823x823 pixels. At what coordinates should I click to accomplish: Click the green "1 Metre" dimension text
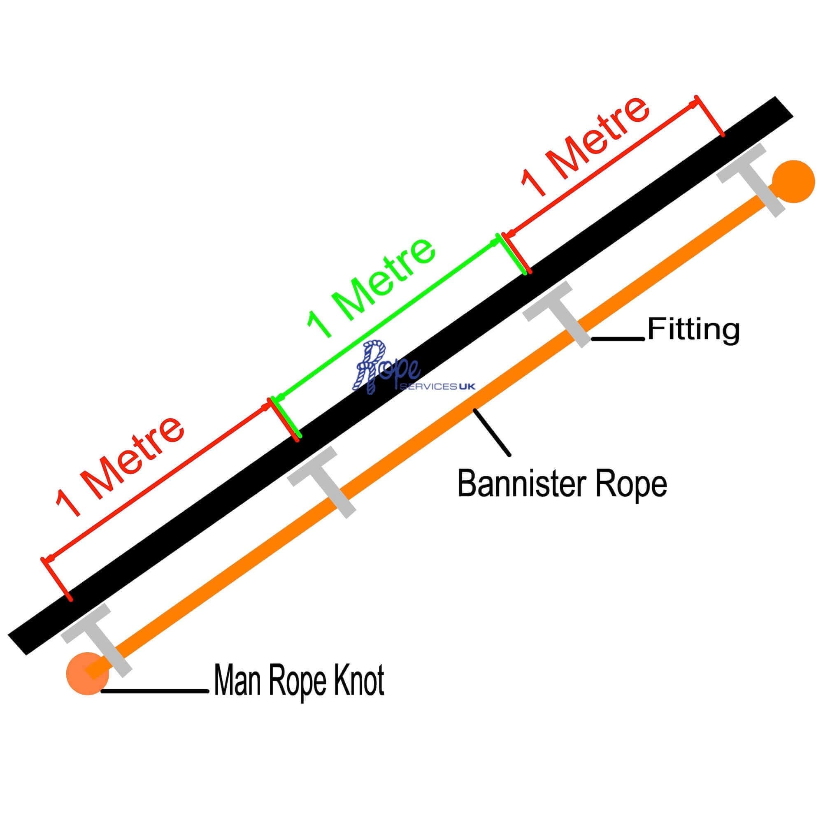click(372, 288)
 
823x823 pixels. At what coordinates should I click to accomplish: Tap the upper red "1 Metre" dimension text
click(585, 146)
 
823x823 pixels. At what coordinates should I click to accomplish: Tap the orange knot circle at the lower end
click(88, 674)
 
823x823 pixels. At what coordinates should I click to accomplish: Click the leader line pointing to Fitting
click(618, 339)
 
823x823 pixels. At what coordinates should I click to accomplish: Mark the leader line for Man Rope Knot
click(155, 690)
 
